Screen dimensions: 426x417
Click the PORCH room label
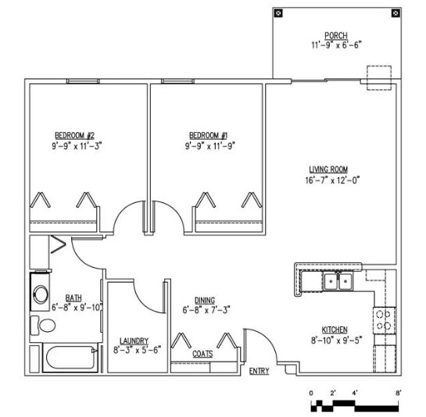pyautogui.click(x=336, y=36)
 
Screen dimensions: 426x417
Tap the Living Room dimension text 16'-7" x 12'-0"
pyautogui.click(x=332, y=180)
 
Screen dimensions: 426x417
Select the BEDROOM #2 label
pyautogui.click(x=75, y=135)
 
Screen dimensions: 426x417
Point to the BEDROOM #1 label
pyautogui.click(x=209, y=135)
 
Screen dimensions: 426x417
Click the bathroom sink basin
pyautogui.click(x=41, y=294)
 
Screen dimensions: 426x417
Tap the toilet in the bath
pyautogui.click(x=43, y=325)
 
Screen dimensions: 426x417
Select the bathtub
pyautogui.click(x=70, y=358)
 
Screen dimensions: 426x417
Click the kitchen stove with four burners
pyautogui.click(x=385, y=320)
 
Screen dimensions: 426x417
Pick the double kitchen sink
pyautogui.click(x=338, y=282)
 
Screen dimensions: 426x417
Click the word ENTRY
pyautogui.click(x=260, y=371)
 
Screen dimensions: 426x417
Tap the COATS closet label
pyautogui.click(x=202, y=354)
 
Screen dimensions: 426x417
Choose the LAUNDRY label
pyautogui.click(x=134, y=340)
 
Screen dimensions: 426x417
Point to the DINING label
pyautogui.click(x=205, y=301)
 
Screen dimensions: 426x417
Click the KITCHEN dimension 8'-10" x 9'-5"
pyautogui.click(x=337, y=340)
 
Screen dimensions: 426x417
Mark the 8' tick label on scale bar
pyautogui.click(x=398, y=393)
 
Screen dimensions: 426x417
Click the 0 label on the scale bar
pyautogui.click(x=311, y=393)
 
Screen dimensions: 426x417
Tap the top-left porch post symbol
pyautogui.click(x=278, y=12)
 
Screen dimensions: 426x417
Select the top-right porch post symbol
pyautogui.click(x=396, y=12)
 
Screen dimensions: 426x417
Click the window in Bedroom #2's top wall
pyautogui.click(x=83, y=81)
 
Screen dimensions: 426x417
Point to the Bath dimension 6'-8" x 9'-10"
pyautogui.click(x=77, y=308)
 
